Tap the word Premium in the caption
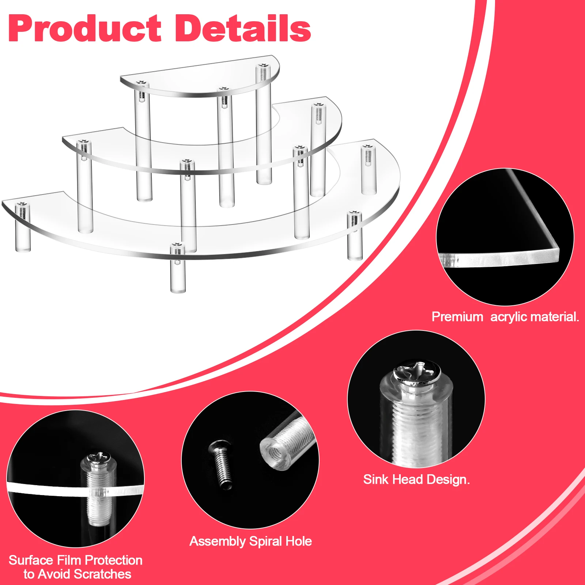(x=457, y=317)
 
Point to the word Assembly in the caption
(x=218, y=541)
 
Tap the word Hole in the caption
(x=299, y=541)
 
